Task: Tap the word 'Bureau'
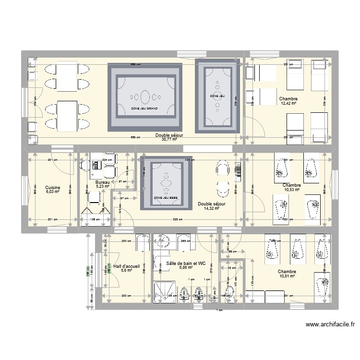click(x=102, y=182)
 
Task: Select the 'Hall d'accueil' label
click(x=127, y=265)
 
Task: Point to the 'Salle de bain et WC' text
click(x=186, y=263)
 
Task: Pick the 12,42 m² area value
click(x=288, y=103)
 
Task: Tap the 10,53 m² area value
click(x=291, y=190)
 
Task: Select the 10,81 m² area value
click(x=288, y=276)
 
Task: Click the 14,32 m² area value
click(x=211, y=208)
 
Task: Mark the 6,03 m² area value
click(x=52, y=192)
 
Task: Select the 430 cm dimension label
click(x=191, y=160)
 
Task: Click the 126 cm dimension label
click(x=95, y=220)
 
